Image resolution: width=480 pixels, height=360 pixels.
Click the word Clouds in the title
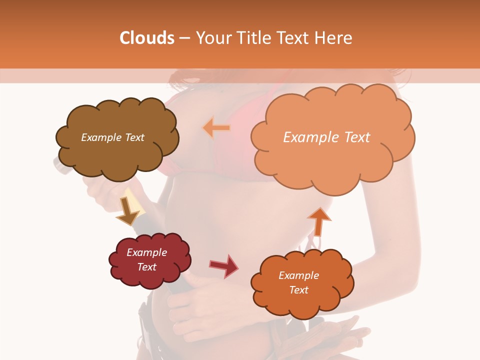(x=147, y=38)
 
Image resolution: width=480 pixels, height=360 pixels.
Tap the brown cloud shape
(x=117, y=152)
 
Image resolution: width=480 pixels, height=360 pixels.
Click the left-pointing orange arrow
(x=216, y=128)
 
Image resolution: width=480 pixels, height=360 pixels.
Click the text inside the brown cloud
(x=112, y=137)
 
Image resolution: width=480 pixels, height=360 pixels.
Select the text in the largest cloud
(x=326, y=137)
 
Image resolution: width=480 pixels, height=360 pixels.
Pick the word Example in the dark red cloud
(x=146, y=252)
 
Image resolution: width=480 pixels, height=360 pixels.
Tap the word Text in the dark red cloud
(x=146, y=267)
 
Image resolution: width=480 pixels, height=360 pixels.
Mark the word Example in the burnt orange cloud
(x=298, y=275)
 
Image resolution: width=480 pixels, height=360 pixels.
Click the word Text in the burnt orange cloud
(x=298, y=290)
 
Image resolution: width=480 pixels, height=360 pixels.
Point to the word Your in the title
(x=212, y=38)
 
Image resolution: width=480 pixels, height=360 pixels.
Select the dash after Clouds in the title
(x=184, y=38)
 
